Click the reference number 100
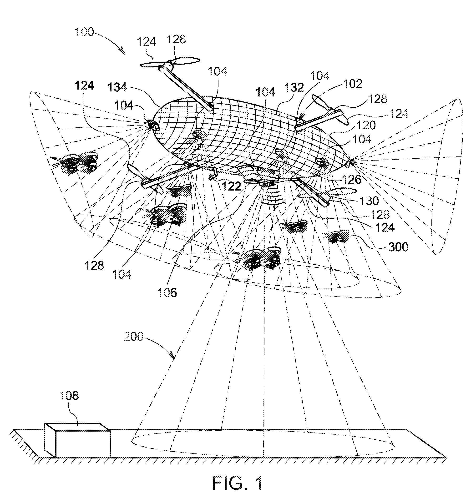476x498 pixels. [x=85, y=32]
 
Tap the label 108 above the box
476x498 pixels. [x=69, y=396]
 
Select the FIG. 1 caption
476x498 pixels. [x=237, y=483]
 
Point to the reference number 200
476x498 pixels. [x=133, y=336]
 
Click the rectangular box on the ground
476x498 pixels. [x=77, y=440]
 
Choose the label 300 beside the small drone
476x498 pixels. [x=398, y=246]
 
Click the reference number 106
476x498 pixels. [x=167, y=292]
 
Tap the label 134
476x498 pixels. [x=117, y=87]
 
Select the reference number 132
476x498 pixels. [x=294, y=87]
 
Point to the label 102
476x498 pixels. [x=353, y=84]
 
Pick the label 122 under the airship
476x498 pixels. [x=231, y=186]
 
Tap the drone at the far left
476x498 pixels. [x=75, y=163]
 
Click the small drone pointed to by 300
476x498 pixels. [x=336, y=236]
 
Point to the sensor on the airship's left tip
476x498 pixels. [x=152, y=124]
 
